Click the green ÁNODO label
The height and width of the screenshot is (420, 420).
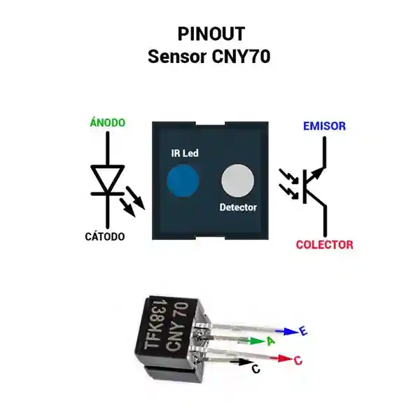click(108, 122)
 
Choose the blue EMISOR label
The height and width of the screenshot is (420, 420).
click(324, 127)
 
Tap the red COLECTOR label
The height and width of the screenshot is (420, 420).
click(324, 245)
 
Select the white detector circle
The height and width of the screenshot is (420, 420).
click(238, 181)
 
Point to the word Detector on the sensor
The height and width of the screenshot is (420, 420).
click(238, 207)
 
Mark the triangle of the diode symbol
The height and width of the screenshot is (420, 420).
click(108, 178)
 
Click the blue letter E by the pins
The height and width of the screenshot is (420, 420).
click(303, 332)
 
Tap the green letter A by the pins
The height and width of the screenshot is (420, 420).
click(269, 341)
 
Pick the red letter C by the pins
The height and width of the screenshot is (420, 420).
click(297, 360)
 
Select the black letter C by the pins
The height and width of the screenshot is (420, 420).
click(255, 368)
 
